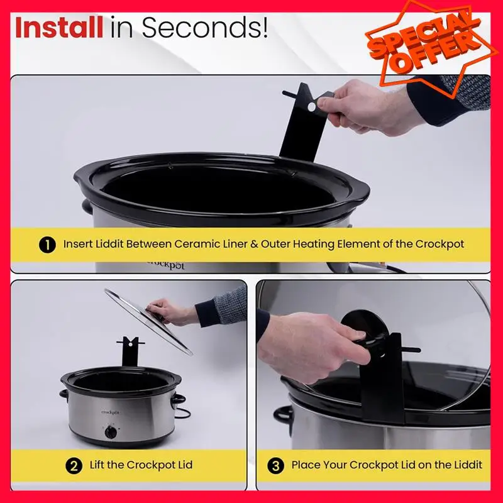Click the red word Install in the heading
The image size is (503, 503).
click(x=59, y=28)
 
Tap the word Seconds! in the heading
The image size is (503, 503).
click(x=205, y=28)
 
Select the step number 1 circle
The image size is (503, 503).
click(x=48, y=245)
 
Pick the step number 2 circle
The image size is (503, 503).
click(x=74, y=465)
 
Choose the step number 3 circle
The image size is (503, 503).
click(x=275, y=465)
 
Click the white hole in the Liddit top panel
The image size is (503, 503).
click(x=311, y=107)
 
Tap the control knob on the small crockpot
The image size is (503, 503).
click(x=111, y=432)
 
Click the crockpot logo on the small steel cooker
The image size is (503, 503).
click(x=111, y=412)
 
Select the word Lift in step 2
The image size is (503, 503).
click(x=97, y=465)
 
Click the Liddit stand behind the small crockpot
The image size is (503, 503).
click(x=130, y=351)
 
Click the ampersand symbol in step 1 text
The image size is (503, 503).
click(x=254, y=244)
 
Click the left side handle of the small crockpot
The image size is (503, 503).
click(x=64, y=395)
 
